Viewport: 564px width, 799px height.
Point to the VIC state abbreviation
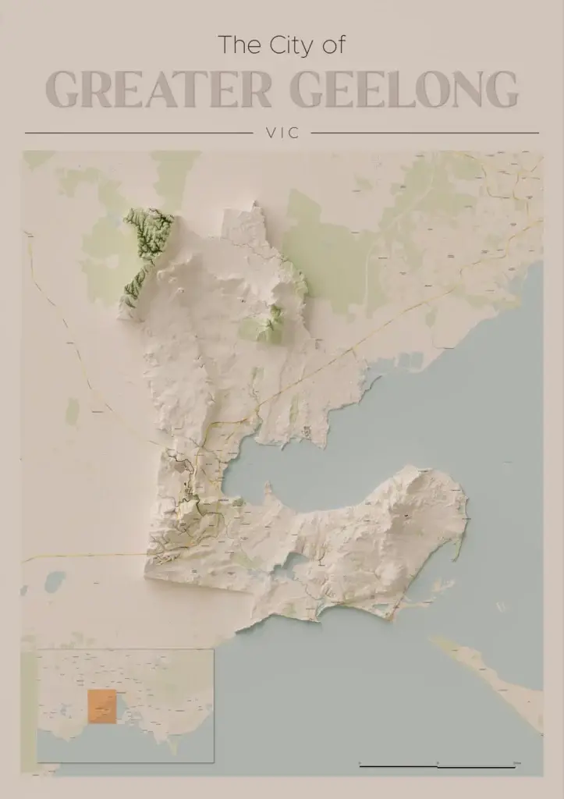[282, 133]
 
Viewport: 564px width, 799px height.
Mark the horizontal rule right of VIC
[424, 133]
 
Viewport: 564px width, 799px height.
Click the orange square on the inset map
[101, 706]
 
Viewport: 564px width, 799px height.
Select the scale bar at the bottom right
[437, 766]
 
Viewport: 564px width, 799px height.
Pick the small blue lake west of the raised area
[55, 581]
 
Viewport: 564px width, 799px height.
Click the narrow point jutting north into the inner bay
[268, 490]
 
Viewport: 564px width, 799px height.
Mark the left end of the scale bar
[360, 766]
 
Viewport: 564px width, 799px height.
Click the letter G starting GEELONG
[308, 90]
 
